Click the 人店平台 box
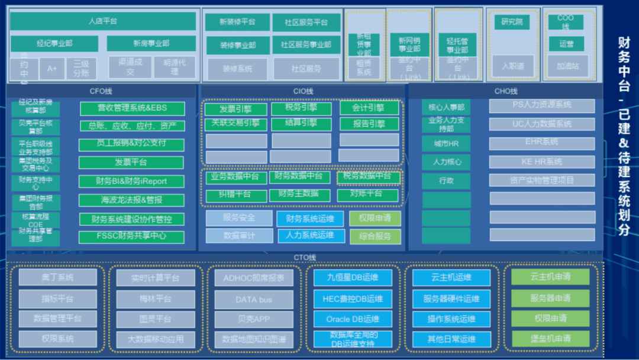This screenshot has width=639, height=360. pos(103,21)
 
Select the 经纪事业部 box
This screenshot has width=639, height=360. pos(54,43)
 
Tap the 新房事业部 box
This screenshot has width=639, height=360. pos(151,43)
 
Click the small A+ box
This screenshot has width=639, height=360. pos(52,69)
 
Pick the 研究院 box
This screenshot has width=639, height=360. pos(512,22)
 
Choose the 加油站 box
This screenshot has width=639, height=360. pos(567,66)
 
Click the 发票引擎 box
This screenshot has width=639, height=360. pos(235,109)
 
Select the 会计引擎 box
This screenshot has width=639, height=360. pos(368,108)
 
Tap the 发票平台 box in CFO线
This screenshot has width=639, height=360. pos(131,162)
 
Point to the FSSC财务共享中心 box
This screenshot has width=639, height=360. pos(132,236)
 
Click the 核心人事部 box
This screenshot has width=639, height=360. pos(446,108)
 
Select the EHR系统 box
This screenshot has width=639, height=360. pos(541,143)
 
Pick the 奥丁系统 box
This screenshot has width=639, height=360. pos(57,278)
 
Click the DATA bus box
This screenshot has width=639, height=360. pos(253,300)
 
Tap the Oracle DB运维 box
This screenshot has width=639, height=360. pos(353,319)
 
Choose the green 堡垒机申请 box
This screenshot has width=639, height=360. pos(550,339)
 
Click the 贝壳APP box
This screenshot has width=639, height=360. pos(253,319)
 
